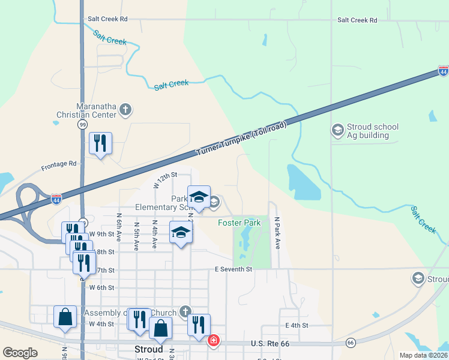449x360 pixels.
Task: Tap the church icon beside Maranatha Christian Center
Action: (x=125, y=109)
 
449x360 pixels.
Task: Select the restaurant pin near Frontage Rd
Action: (x=100, y=144)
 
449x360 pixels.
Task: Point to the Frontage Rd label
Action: (x=59, y=163)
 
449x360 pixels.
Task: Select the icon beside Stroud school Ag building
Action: (x=337, y=130)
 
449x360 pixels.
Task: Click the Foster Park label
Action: (x=239, y=223)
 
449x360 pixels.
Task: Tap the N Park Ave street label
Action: (x=278, y=233)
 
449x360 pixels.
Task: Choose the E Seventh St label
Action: (x=234, y=269)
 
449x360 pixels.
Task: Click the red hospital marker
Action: (x=213, y=341)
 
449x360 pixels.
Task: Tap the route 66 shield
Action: (x=350, y=343)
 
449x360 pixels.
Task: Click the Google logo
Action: (x=20, y=352)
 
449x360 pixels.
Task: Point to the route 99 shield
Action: (x=82, y=124)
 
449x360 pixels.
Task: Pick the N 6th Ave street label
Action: (x=119, y=231)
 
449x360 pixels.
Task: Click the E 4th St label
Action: (x=297, y=325)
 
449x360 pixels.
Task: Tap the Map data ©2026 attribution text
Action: (x=423, y=355)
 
